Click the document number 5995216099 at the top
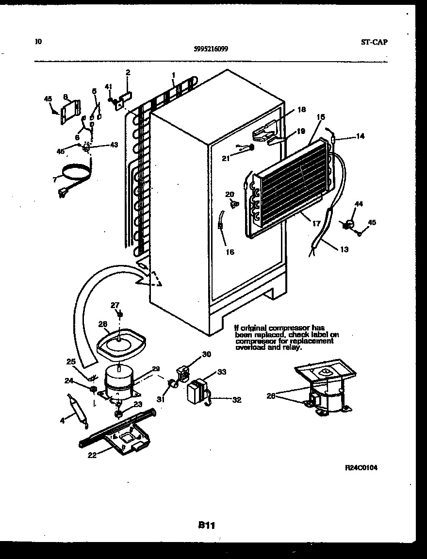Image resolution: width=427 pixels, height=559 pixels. [211, 49]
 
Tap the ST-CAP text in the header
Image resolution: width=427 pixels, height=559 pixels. [374, 42]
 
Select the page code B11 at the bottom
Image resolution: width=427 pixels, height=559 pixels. [206, 525]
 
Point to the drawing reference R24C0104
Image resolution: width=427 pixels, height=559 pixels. [361, 468]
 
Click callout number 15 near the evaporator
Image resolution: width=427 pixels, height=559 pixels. [321, 117]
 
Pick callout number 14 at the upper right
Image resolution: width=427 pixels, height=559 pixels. [360, 136]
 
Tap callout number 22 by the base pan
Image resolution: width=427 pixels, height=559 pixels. [92, 455]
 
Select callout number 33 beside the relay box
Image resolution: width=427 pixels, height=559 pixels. [222, 372]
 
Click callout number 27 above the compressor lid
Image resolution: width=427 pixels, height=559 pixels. [115, 305]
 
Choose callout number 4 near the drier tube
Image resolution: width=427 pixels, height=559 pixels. [62, 420]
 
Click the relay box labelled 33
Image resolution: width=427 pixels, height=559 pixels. [197, 391]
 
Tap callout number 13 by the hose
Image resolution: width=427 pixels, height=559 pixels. [344, 249]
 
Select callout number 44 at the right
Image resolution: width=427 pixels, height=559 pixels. [359, 204]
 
